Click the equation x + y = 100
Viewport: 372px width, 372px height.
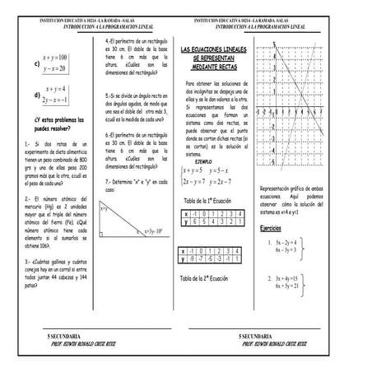[56, 57]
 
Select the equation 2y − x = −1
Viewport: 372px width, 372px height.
[57, 100]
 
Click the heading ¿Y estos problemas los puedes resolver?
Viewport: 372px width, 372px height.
[53, 125]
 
